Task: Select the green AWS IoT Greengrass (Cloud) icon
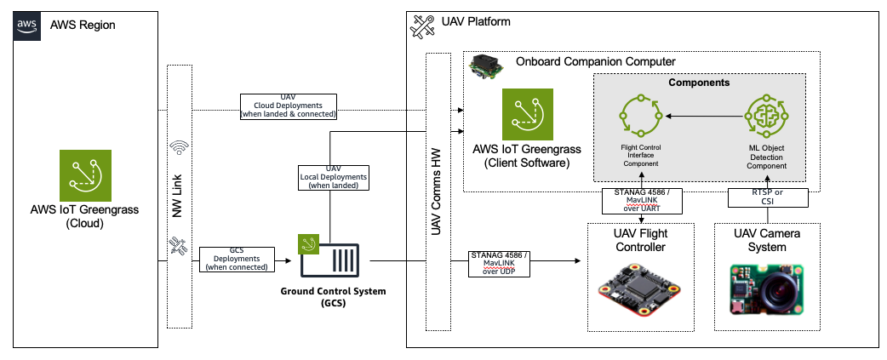[x=86, y=176]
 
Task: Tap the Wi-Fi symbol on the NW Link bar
[x=179, y=148]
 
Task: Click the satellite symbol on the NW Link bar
[x=179, y=246]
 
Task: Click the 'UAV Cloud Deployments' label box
[x=288, y=106]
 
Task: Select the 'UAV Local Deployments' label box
[x=333, y=177]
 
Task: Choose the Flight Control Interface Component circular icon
[x=638, y=115]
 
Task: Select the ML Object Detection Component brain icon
[x=766, y=115]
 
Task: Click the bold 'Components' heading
[x=699, y=83]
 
